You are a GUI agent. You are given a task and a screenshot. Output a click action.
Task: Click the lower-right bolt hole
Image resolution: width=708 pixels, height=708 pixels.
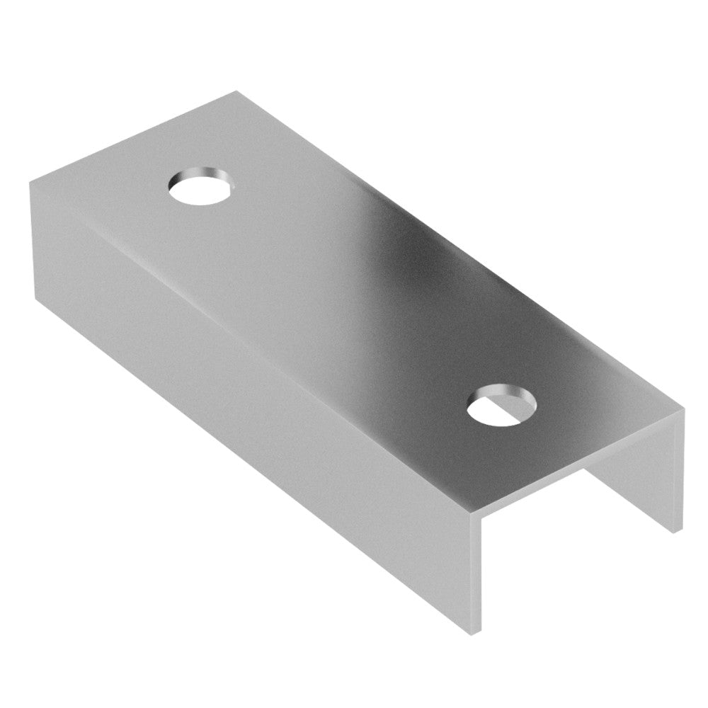(x=502, y=406)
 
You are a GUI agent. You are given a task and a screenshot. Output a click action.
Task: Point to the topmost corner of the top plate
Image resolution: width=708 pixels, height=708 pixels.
(x=236, y=91)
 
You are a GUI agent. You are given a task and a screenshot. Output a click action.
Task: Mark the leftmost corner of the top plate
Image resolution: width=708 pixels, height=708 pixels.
(x=30, y=183)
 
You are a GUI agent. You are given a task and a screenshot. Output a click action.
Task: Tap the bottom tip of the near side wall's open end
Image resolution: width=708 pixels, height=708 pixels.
(x=484, y=630)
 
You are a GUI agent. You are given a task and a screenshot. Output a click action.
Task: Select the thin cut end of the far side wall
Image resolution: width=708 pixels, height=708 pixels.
(x=678, y=471)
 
